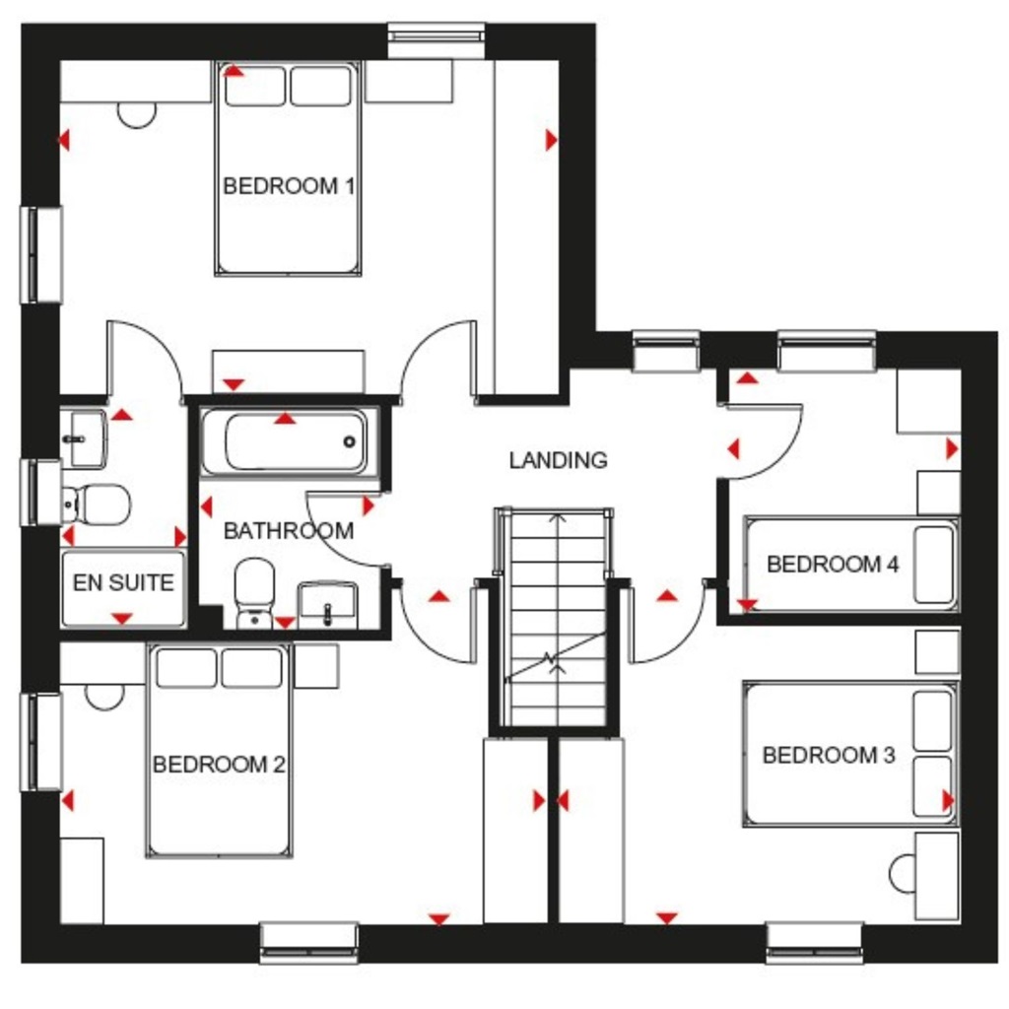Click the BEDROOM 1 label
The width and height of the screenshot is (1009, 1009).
point(288,185)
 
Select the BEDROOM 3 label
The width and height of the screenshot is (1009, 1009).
point(829,756)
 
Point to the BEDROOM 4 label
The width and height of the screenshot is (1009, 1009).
point(833,565)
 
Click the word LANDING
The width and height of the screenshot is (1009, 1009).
point(558,459)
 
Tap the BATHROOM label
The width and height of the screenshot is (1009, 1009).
point(288,531)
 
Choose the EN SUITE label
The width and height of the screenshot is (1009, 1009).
point(122,582)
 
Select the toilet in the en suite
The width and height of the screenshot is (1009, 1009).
point(99,504)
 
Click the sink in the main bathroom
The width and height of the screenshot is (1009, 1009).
point(328,602)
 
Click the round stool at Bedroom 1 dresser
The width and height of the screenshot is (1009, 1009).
point(137,114)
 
